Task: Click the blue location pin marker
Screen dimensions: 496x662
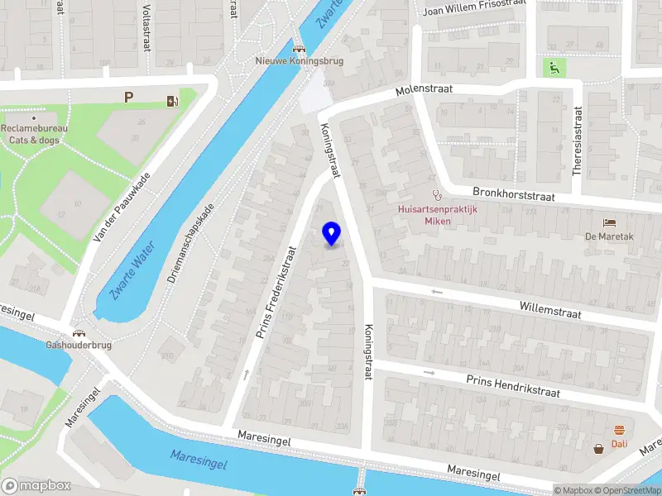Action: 332,234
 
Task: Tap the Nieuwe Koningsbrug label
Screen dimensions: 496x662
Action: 299,60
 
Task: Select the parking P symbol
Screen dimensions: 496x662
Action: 128,98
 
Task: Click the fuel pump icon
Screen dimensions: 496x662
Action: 172,101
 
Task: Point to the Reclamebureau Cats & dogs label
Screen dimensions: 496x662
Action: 34,134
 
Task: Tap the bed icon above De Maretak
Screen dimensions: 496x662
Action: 609,223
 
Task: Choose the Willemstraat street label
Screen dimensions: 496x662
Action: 550,310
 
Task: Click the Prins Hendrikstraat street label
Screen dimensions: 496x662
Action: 513,385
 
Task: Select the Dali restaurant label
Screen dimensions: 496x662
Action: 619,444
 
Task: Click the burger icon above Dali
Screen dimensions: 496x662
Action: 619,429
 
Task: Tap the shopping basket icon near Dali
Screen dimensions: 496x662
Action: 598,449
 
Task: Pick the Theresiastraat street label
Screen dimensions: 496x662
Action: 578,141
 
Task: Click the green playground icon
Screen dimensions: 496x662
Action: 551,67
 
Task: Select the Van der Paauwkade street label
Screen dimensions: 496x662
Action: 122,207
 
